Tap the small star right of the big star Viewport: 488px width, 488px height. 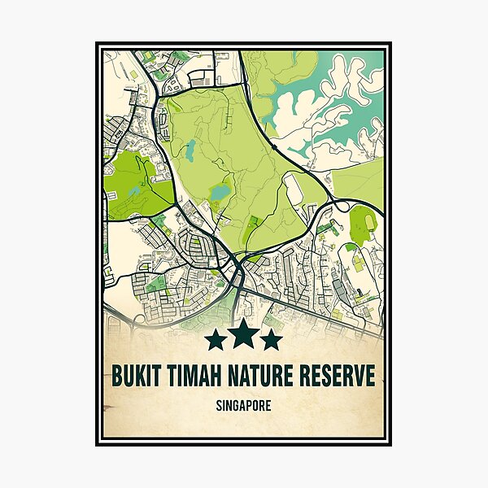pyautogui.click(x=271, y=339)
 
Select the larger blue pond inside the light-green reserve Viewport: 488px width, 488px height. pyautogui.click(x=219, y=193)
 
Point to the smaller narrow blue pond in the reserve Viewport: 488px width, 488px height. pyautogui.click(x=190, y=149)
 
